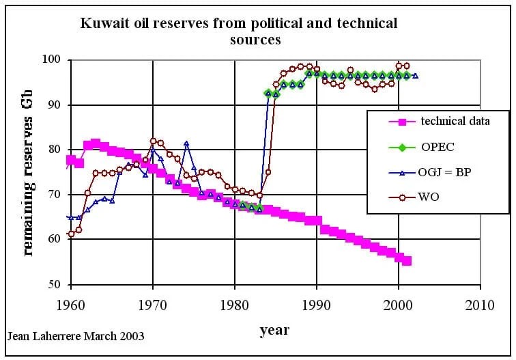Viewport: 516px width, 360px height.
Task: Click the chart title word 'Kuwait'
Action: [103, 23]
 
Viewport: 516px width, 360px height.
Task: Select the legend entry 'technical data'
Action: [455, 122]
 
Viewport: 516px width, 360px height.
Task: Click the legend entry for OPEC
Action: [438, 147]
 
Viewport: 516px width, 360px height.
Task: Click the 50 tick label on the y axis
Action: [55, 285]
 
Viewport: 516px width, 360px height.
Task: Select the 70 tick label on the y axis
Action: [55, 195]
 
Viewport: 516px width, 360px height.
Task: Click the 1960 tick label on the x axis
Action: [71, 305]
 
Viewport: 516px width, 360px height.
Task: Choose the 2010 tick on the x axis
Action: [480, 305]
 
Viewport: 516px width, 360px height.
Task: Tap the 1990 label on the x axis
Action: [316, 305]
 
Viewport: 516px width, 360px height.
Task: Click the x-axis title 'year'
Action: [274, 331]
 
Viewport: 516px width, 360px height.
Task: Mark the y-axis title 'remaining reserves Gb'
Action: [28, 177]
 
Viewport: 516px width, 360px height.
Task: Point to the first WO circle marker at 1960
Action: [71, 234]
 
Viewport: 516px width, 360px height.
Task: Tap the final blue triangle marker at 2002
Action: [415, 76]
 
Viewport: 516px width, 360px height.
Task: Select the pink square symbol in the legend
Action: [402, 122]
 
